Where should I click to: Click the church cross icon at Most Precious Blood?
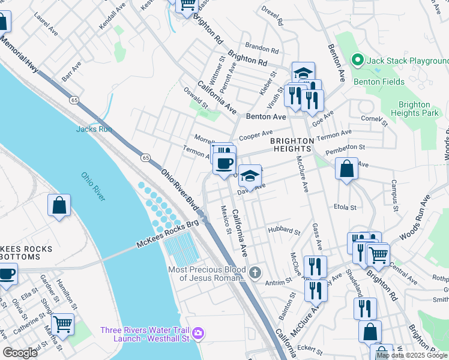pyautogui.click(x=255, y=273)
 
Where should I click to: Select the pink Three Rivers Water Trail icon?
pyautogui.click(x=199, y=332)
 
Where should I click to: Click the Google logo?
pyautogui.click(x=20, y=352)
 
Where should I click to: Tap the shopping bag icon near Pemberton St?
pyautogui.click(x=346, y=169)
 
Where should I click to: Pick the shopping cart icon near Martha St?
pyautogui.click(x=62, y=324)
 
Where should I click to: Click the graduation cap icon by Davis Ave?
pyautogui.click(x=250, y=175)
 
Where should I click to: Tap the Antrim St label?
pyautogui.click(x=277, y=280)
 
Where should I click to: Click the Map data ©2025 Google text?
pyautogui.click(x=412, y=355)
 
